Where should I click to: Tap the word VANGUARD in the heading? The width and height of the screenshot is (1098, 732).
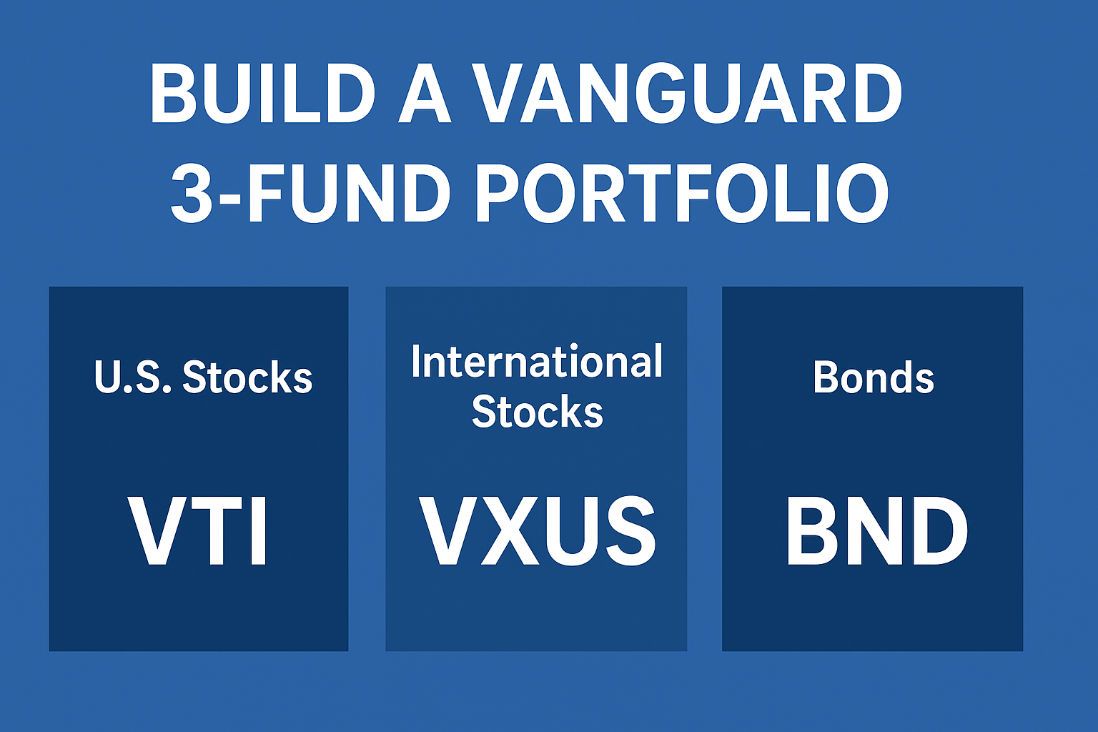pos(688,94)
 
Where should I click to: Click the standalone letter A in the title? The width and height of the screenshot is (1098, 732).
pos(425,94)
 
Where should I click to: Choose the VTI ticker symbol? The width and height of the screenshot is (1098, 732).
pos(198,530)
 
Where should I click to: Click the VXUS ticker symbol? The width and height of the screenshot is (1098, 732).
pos(537,530)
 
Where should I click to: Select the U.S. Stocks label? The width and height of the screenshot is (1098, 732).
pos(203,377)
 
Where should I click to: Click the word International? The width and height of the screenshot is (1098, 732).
pos(537,361)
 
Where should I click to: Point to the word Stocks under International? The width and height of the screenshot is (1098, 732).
pos(538,411)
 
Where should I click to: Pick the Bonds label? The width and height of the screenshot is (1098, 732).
pos(874,377)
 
